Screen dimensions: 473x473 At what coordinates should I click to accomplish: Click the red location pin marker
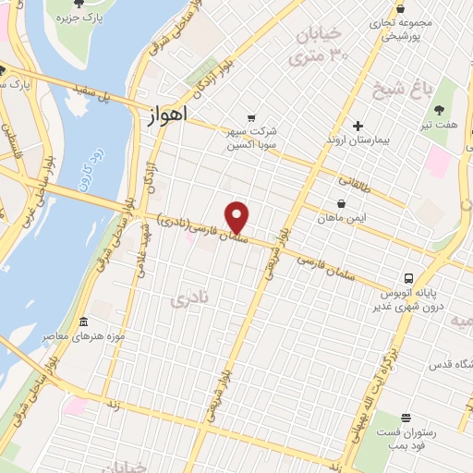(x=237, y=217)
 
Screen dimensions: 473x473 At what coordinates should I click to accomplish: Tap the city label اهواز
(x=166, y=116)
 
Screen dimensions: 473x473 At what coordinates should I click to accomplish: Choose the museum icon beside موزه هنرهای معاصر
(x=84, y=322)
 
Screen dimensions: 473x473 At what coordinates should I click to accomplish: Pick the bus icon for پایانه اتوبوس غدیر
(x=408, y=278)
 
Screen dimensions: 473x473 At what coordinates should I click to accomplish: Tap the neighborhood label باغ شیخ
(x=392, y=91)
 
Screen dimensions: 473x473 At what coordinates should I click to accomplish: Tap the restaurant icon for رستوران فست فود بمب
(x=406, y=418)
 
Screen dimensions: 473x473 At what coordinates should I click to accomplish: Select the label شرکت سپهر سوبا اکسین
(x=258, y=138)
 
